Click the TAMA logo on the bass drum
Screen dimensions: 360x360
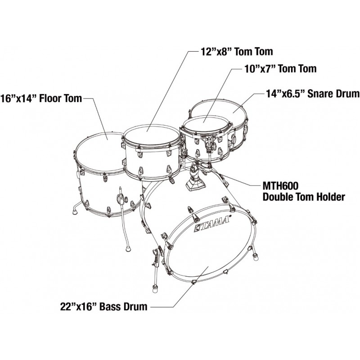click(213, 224)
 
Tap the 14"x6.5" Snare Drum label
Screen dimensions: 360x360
click(311, 94)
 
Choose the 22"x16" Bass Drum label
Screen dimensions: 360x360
click(103, 307)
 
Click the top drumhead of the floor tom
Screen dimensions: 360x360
click(100, 151)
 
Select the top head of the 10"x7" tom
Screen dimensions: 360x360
click(205, 124)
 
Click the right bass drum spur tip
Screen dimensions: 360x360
click(256, 258)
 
